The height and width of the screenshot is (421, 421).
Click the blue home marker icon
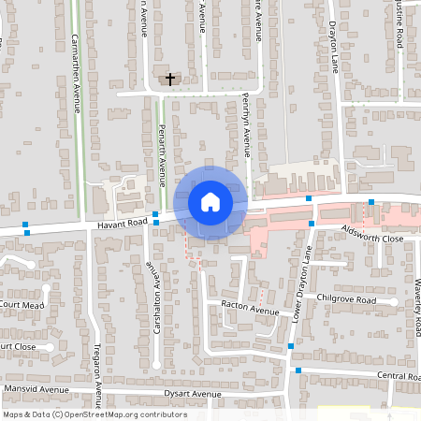(210, 201)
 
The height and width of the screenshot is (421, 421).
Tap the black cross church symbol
(170, 80)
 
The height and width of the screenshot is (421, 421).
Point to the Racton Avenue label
(251, 310)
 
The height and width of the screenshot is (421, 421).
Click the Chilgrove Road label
(346, 300)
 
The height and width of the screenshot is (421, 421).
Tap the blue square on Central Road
(298, 371)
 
